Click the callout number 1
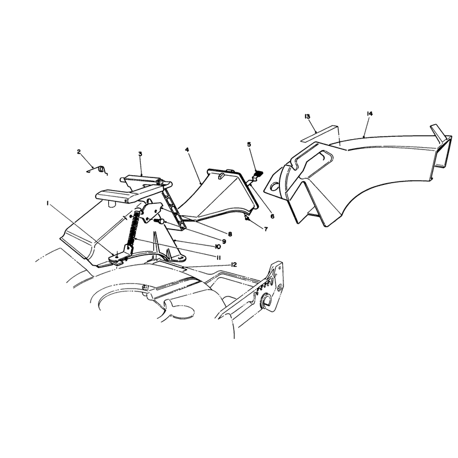[x=48, y=204]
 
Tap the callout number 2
[x=79, y=152]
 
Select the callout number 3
[x=140, y=153]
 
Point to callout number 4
[x=187, y=149]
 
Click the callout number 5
[x=249, y=144]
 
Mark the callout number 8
[x=230, y=234]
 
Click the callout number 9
[x=224, y=242]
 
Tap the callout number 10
[x=218, y=247]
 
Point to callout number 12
[x=234, y=264]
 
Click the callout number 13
[x=307, y=117]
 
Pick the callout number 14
[x=369, y=113]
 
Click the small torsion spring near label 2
[x=98, y=170]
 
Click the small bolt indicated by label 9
[x=158, y=221]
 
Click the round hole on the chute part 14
[x=275, y=185]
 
